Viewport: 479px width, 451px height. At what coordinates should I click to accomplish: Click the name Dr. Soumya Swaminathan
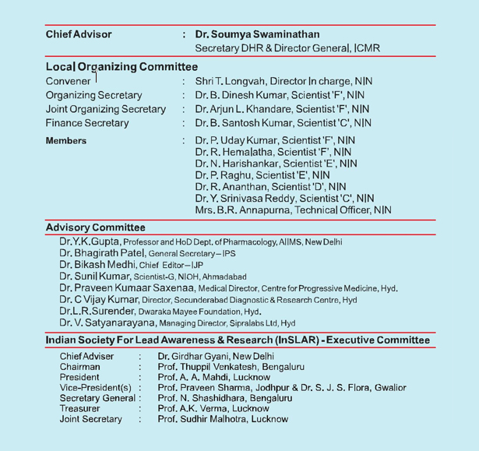257,34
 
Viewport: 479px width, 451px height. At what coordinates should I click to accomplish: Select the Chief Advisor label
79,34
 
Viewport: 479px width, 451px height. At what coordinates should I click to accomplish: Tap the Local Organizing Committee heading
122,67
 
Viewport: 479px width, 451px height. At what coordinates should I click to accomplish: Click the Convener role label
69,81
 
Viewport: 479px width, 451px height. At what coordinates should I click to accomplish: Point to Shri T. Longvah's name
232,81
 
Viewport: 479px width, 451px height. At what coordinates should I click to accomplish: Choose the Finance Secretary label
87,123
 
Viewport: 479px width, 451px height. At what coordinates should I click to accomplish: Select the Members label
66,141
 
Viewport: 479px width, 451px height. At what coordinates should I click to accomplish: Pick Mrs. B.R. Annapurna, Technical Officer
293,210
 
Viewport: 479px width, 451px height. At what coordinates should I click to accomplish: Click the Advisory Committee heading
95,227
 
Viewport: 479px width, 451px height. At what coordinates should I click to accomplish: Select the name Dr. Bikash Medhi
99,265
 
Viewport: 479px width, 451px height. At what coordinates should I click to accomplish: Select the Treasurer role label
82,408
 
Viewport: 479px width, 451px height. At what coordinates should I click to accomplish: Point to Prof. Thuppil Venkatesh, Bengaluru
231,367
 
